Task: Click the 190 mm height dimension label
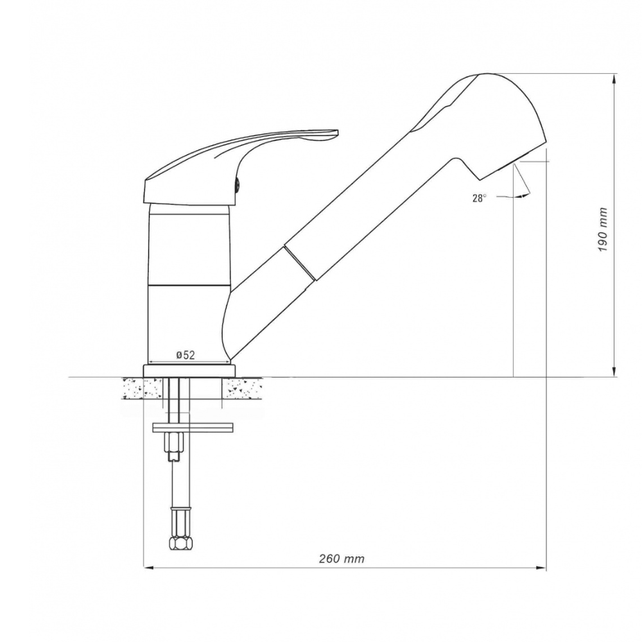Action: tap(602, 230)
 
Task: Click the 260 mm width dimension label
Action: tap(342, 559)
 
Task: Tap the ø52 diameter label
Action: tap(186, 355)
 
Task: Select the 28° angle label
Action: tap(480, 198)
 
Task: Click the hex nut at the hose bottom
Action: tap(180, 543)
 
